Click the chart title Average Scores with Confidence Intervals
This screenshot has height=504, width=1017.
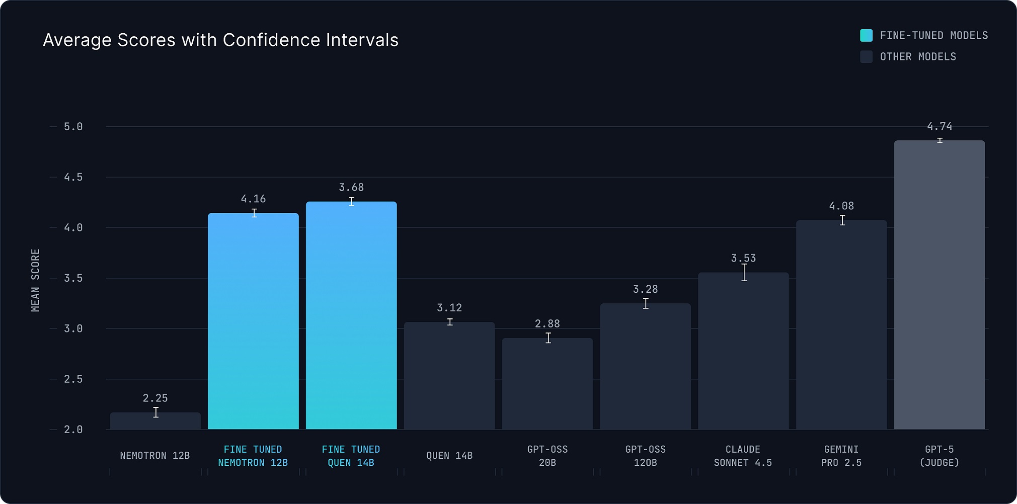(220, 40)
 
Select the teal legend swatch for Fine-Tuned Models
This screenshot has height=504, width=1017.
(866, 35)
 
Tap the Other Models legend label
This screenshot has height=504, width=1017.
(918, 57)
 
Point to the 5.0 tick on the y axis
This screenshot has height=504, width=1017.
(73, 127)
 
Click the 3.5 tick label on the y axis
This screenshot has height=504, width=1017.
(73, 278)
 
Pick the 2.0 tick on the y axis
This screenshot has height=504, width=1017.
(73, 430)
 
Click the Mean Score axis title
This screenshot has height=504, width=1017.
(35, 280)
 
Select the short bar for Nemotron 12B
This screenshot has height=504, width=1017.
(155, 422)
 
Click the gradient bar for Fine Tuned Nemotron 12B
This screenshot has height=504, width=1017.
(253, 322)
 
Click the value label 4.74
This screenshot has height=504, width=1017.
(940, 126)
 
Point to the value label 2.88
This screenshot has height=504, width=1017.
(547, 324)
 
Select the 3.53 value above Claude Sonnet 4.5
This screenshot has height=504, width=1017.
(743, 259)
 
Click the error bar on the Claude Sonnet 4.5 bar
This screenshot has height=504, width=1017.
(744, 273)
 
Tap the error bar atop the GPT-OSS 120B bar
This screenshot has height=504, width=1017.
(646, 303)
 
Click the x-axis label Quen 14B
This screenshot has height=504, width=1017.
(449, 456)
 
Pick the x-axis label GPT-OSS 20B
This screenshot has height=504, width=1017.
(547, 456)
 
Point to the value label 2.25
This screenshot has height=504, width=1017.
(155, 398)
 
